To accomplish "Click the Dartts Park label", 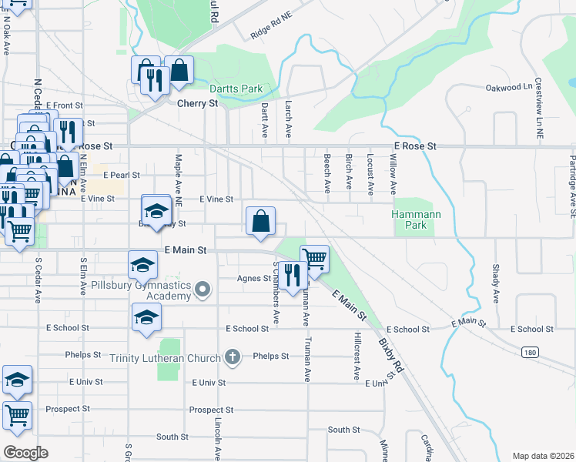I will click(x=239, y=89).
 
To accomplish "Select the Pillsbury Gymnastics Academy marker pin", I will click(x=203, y=290).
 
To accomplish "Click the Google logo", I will click(x=25, y=452).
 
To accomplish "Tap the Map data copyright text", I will click(x=544, y=456).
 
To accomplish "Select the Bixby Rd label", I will click(x=392, y=353).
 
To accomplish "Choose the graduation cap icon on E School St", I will click(x=146, y=317).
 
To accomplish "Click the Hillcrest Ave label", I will click(x=357, y=357).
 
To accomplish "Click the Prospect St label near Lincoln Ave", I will click(x=211, y=410).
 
